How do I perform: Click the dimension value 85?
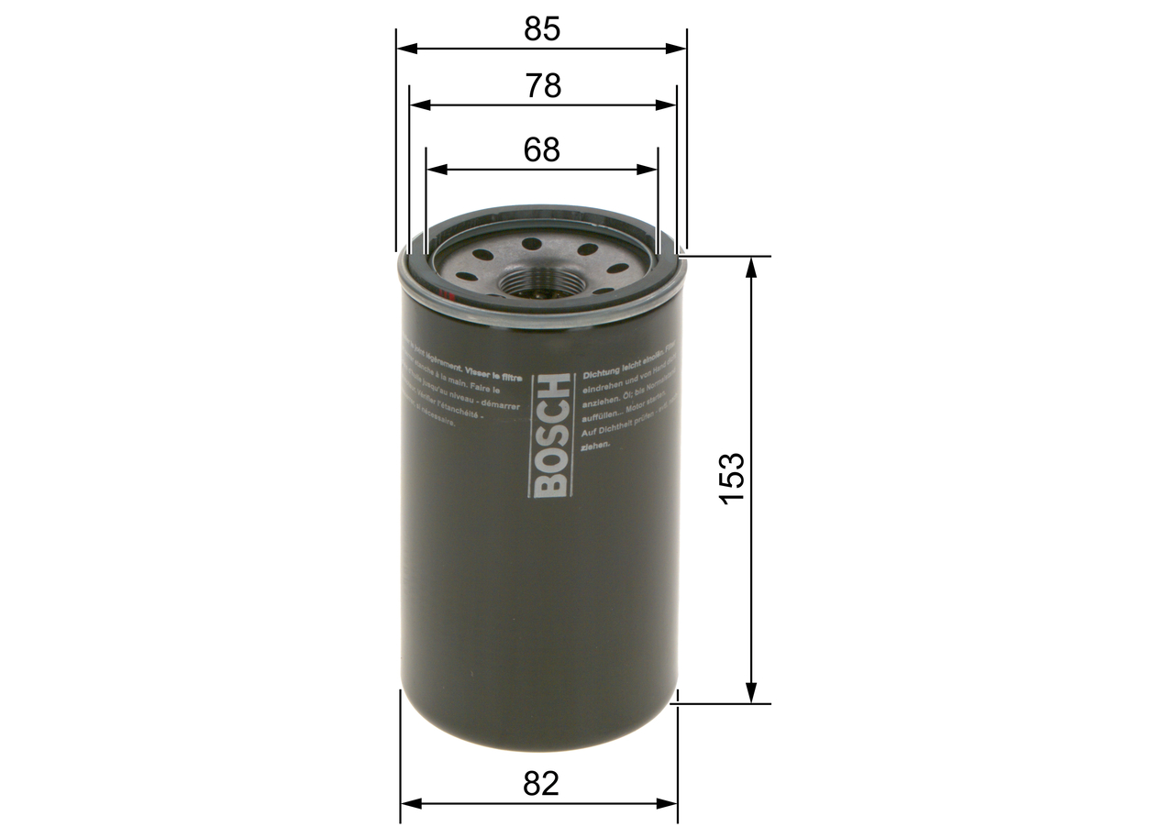(541, 29)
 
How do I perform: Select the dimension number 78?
(543, 86)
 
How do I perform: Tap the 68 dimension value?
(542, 149)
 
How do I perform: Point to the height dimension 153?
(732, 478)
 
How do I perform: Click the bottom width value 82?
(541, 784)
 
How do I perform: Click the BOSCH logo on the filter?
(552, 435)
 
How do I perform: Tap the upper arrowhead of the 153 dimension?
(751, 267)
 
